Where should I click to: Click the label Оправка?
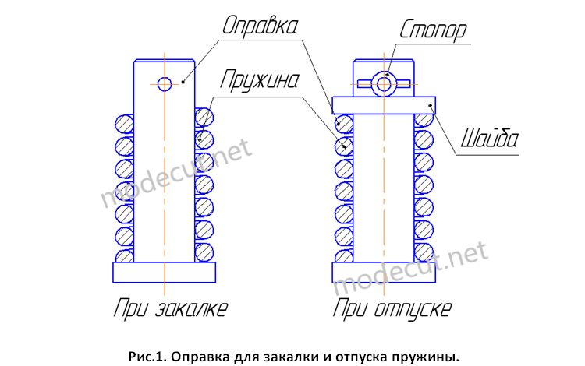(x=260, y=26)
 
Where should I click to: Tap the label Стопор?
(x=433, y=29)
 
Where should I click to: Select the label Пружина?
(x=260, y=79)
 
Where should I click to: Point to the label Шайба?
(x=490, y=139)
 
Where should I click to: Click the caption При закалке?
(x=171, y=308)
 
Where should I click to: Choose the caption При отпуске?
(x=392, y=308)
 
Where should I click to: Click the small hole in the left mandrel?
(x=165, y=84)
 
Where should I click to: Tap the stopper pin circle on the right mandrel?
(x=384, y=84)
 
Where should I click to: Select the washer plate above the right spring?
(x=384, y=105)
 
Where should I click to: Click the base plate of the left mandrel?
(x=164, y=273)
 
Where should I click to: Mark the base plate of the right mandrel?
(x=384, y=273)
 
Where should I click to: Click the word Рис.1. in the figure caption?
(x=147, y=357)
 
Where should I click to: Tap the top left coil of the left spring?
(x=124, y=124)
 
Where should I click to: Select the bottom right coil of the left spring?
(x=204, y=252)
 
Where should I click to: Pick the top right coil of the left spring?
(x=204, y=118)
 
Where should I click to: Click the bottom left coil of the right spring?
(x=344, y=256)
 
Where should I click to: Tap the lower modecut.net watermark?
(x=409, y=267)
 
